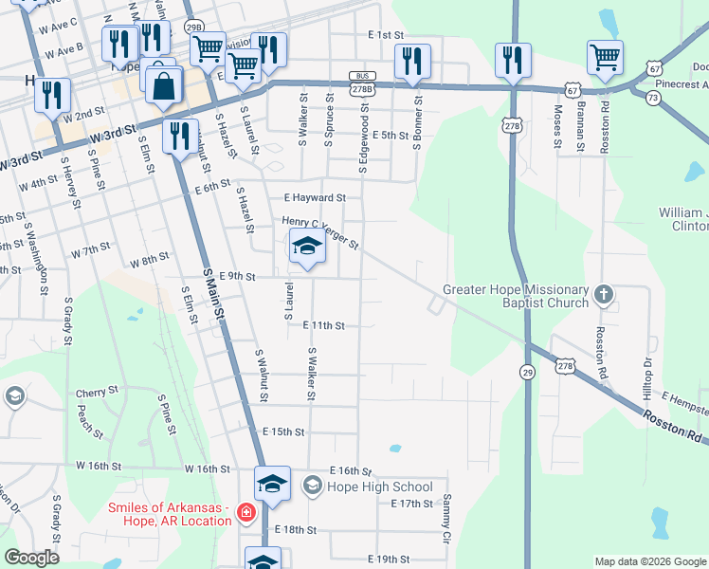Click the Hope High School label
[x=379, y=486]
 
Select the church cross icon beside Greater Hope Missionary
[x=603, y=296]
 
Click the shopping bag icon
[x=165, y=85]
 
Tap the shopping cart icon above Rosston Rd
[x=605, y=58]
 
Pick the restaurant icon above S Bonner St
[x=412, y=62]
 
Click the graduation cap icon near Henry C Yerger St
[x=306, y=248]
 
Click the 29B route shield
[x=194, y=28]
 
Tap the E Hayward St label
[x=315, y=198]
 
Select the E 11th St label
[x=322, y=325]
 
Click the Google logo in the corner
[x=31, y=558]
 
